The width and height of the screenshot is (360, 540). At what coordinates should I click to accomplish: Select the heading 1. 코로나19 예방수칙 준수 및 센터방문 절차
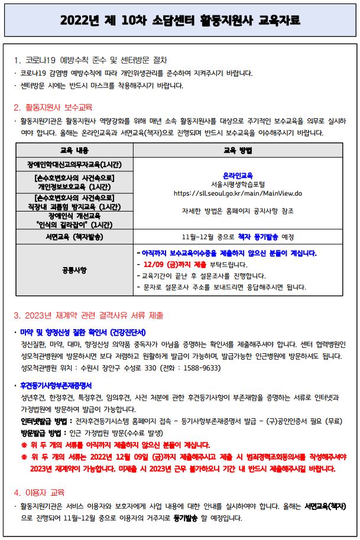click(90, 60)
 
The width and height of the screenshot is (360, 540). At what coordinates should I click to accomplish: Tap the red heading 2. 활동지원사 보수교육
click(53, 108)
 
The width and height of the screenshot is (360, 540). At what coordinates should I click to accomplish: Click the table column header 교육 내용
click(74, 151)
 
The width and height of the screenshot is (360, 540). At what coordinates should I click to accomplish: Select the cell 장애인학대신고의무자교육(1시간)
click(74, 164)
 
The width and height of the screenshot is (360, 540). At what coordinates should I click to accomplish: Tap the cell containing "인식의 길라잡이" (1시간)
click(74, 224)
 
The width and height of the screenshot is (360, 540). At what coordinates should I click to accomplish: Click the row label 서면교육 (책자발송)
click(74, 238)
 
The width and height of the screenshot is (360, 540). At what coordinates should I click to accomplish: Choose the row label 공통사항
click(74, 270)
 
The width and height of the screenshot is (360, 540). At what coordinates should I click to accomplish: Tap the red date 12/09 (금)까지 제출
click(172, 264)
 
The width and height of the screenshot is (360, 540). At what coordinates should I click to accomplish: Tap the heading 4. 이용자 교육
click(39, 492)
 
